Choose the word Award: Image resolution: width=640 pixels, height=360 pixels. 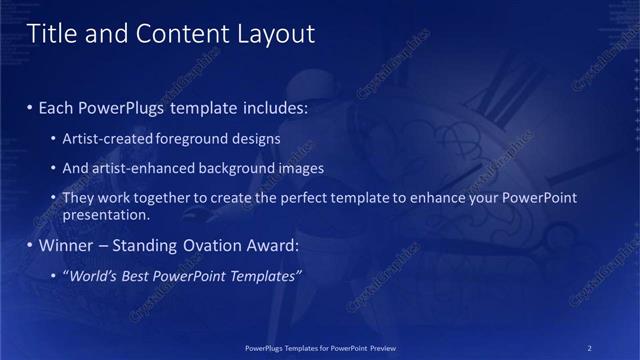tap(270, 245)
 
